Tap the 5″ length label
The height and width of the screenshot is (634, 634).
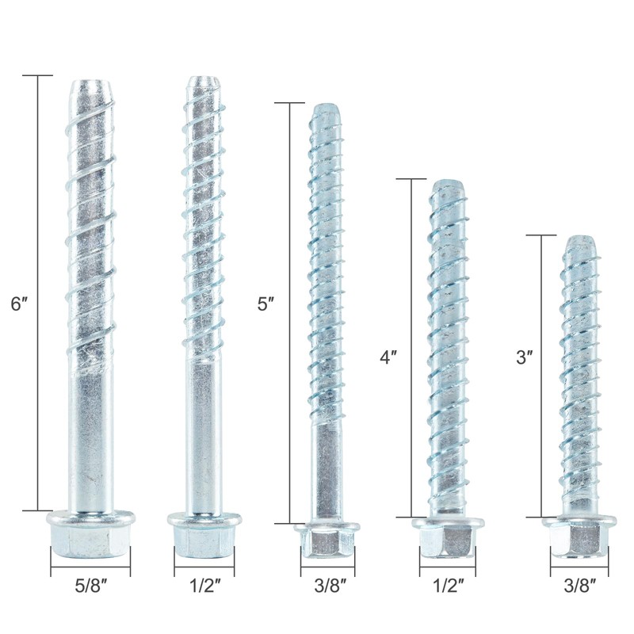(267, 304)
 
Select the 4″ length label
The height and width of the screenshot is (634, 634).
(388, 357)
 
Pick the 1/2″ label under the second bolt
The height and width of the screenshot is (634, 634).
(204, 586)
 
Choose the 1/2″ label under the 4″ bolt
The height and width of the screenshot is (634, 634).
(449, 586)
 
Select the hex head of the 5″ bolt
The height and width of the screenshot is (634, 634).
(326, 544)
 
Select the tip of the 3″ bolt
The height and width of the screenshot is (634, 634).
(579, 242)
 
